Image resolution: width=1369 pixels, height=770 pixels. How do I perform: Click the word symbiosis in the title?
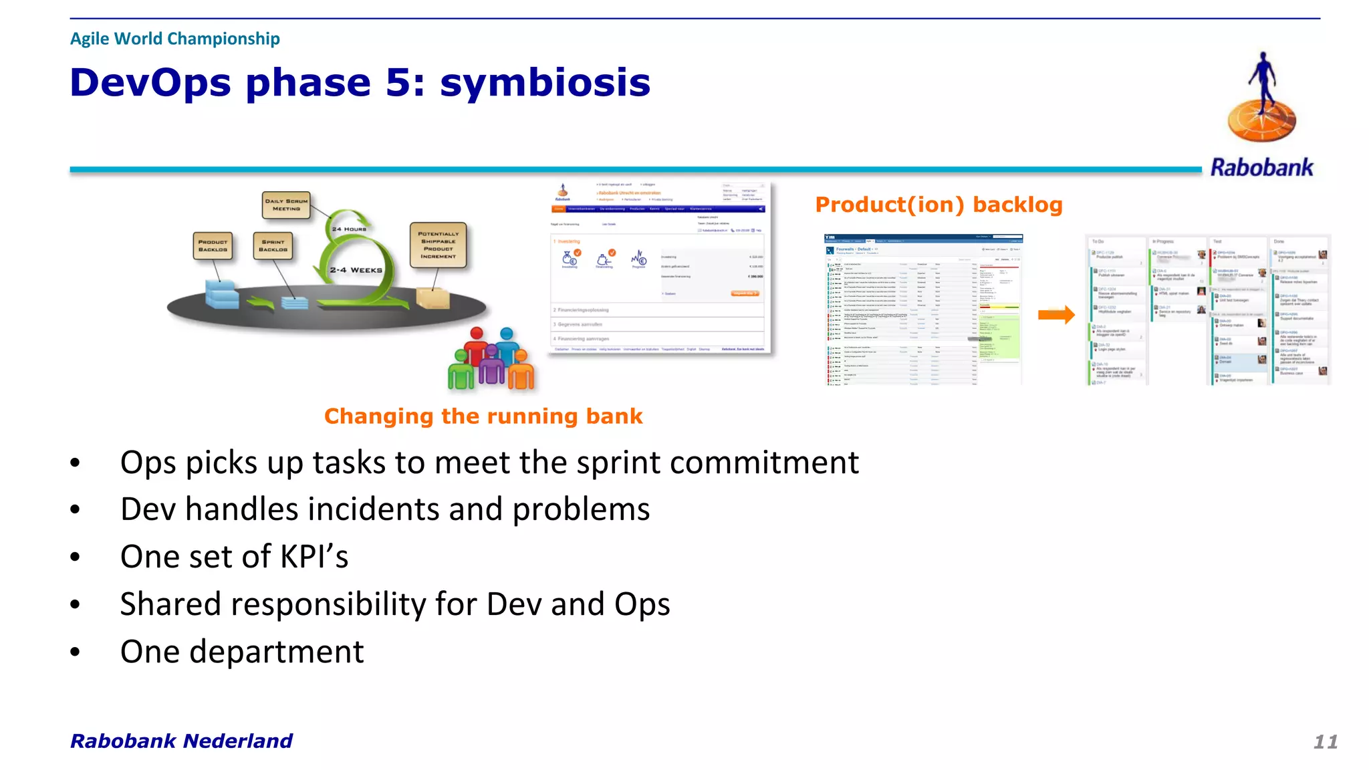544,84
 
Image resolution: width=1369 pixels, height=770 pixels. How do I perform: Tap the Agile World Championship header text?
174,39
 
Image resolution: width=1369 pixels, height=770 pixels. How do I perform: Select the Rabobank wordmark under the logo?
1261,167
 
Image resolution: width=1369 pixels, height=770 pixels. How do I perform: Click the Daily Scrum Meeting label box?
286,205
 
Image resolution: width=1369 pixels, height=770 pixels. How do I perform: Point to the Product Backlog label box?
213,246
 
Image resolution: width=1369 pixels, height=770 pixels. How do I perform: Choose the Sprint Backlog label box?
273,246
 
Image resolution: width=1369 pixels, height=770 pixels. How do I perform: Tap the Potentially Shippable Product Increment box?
438,245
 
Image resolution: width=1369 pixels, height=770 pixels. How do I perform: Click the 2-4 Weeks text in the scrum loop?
356,270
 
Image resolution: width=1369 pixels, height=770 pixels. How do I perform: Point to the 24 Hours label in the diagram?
349,229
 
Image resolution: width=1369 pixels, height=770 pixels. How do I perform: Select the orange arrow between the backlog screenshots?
1056,314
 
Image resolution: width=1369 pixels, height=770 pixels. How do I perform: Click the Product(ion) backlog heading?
939,205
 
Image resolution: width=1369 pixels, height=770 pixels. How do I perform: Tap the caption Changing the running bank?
483,416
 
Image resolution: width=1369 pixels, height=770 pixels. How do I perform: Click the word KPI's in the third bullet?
314,557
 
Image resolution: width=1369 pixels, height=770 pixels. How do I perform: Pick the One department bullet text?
242,652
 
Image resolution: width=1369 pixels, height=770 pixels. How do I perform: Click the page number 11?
1325,741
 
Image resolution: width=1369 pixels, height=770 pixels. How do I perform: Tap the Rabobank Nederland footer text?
181,741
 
